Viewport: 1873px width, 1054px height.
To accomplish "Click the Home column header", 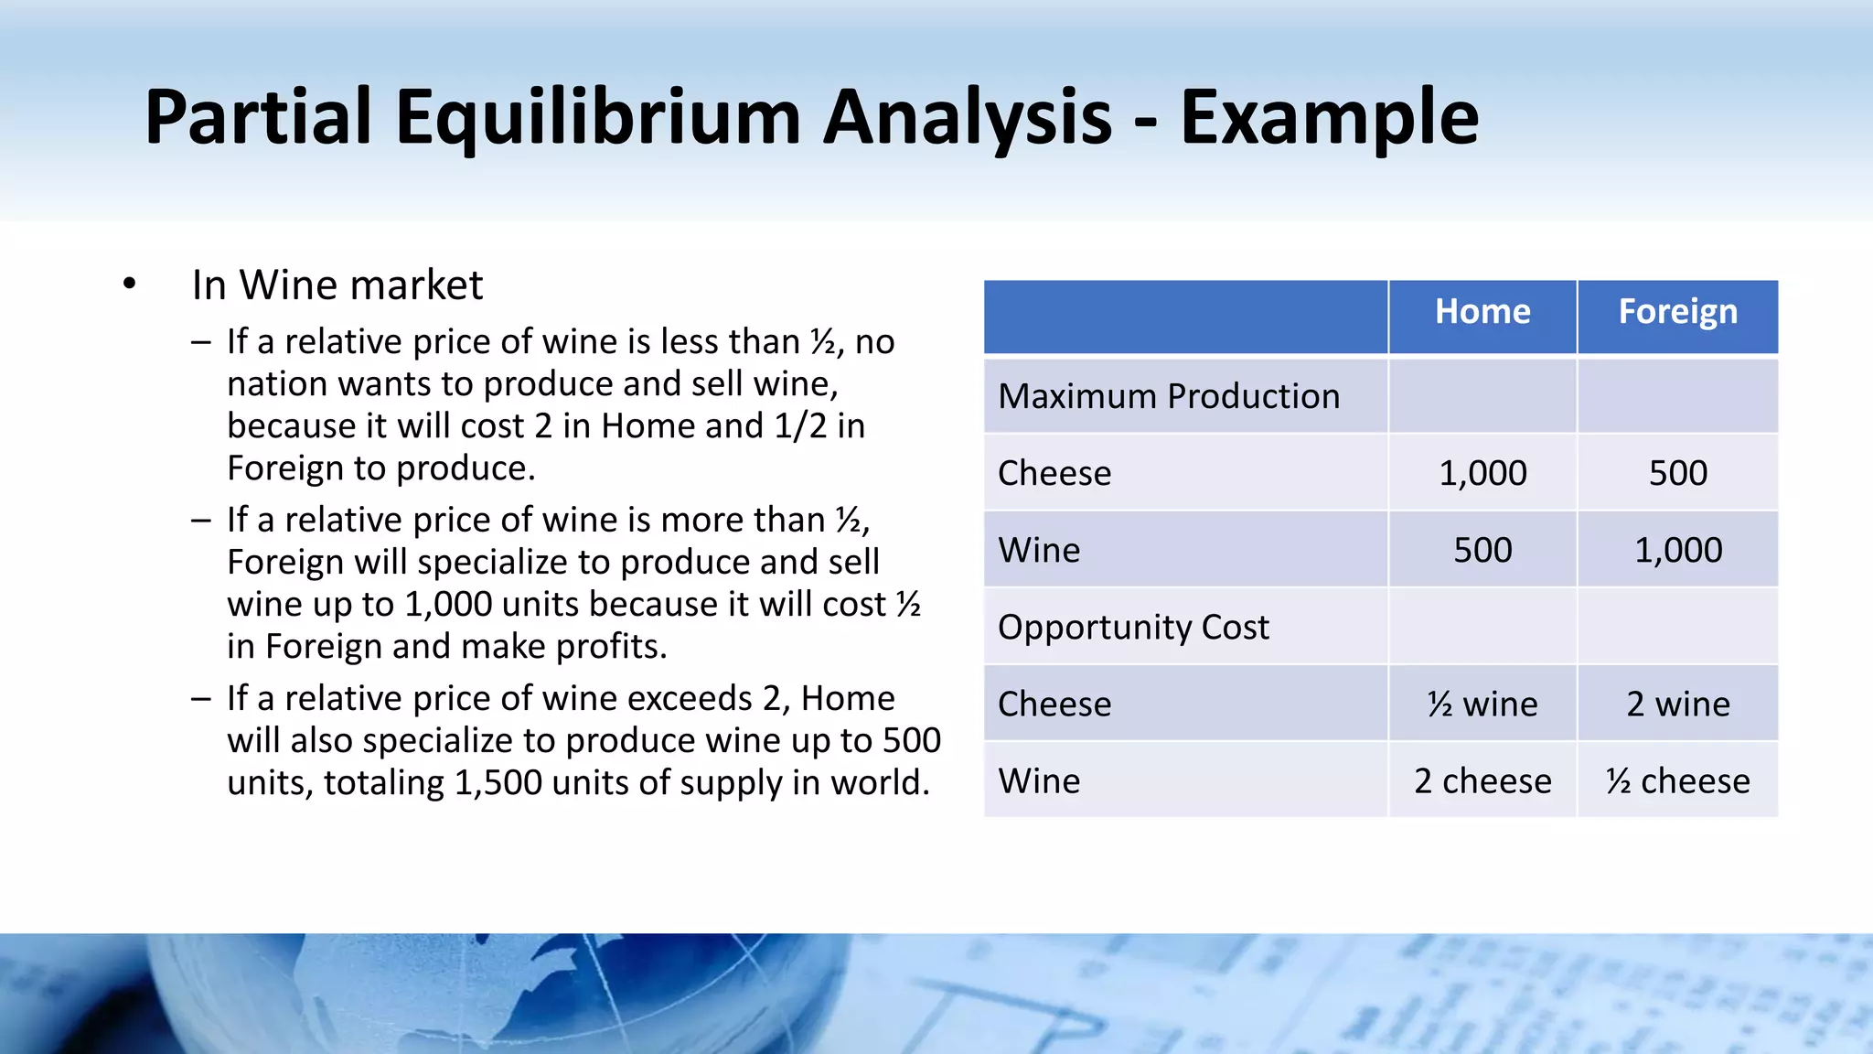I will [1482, 312].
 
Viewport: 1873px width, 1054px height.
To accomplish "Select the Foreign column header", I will [1677, 312].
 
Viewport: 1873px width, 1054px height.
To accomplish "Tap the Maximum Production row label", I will [1169, 396].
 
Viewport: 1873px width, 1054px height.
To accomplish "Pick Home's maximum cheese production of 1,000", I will [1482, 473].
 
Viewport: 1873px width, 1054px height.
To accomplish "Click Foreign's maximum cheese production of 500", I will [1677, 473].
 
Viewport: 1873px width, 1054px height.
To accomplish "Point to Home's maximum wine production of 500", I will [1482, 550].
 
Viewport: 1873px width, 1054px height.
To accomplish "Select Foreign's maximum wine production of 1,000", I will [1677, 550].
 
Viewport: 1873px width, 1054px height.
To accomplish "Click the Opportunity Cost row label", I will [1133, 627].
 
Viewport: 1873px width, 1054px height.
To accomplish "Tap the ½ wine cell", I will [1482, 704].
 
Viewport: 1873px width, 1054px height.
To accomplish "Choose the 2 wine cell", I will [1677, 704].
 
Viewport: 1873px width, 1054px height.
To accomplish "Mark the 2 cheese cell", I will [1482, 781].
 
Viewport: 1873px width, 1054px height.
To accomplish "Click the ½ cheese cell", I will [1677, 781].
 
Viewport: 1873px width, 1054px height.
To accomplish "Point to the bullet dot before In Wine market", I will [129, 285].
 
